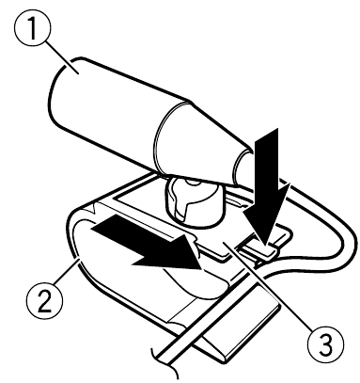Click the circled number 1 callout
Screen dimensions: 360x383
tap(32, 29)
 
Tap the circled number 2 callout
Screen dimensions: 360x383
tap(44, 300)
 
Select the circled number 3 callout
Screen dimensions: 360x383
tap(325, 344)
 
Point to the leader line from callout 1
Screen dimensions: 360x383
tap(61, 56)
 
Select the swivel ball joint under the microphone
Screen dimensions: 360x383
tap(193, 199)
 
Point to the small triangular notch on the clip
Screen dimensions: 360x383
tap(92, 208)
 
